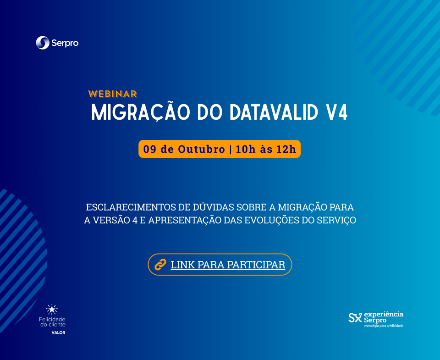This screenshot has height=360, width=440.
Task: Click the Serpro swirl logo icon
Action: pos(43,43)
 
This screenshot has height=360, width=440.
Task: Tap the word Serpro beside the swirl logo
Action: pos(65,43)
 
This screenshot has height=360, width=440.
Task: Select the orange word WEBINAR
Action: pos(113,94)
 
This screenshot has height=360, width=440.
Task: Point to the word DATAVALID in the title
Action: pos(274,112)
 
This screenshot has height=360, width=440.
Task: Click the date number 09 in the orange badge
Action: pos(149,149)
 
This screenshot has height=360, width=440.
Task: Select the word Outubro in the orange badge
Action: pos(202,149)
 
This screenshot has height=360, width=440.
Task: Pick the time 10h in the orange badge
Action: pos(246,149)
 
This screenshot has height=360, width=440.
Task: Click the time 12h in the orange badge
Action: pos(286,149)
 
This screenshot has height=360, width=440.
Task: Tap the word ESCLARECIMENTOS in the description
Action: pos(131,207)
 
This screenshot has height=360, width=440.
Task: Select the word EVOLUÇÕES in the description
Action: pos(272,220)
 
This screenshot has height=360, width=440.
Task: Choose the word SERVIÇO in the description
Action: pos(336,220)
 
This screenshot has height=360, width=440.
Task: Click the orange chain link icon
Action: pos(160,265)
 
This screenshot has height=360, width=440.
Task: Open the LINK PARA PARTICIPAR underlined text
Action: pos(228,265)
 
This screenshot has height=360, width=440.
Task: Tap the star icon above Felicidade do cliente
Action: pos(52,310)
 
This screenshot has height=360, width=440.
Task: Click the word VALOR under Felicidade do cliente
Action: pos(58,333)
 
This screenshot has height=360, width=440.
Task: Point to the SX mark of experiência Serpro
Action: pos(355,317)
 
